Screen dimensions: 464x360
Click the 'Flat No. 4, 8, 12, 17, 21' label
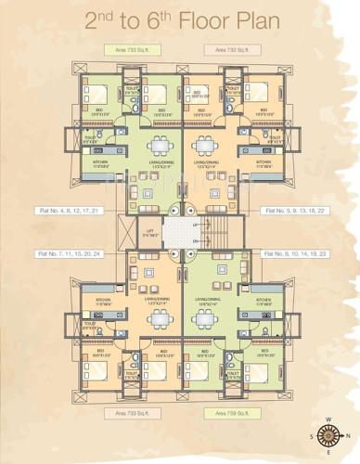[x=67, y=211]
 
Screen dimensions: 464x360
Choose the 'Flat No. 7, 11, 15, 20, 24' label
[x=67, y=252]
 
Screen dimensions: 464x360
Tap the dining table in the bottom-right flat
[x=206, y=319]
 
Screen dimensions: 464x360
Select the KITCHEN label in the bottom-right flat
[x=262, y=300]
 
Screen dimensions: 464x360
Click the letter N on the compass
[x=346, y=436]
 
